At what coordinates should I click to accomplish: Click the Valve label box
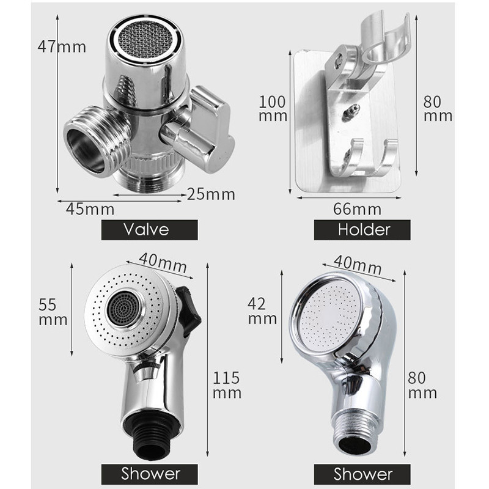(149, 230)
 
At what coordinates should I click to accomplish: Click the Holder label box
(362, 230)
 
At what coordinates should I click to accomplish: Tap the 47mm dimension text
(62, 47)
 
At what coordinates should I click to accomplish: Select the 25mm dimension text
(211, 194)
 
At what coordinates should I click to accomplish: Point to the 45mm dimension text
(90, 209)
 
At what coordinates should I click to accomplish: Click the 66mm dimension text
(357, 209)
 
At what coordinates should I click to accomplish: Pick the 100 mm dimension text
(273, 109)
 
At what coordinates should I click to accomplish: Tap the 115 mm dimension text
(227, 385)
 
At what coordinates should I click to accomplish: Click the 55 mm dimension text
(53, 312)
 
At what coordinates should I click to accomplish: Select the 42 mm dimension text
(262, 311)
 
